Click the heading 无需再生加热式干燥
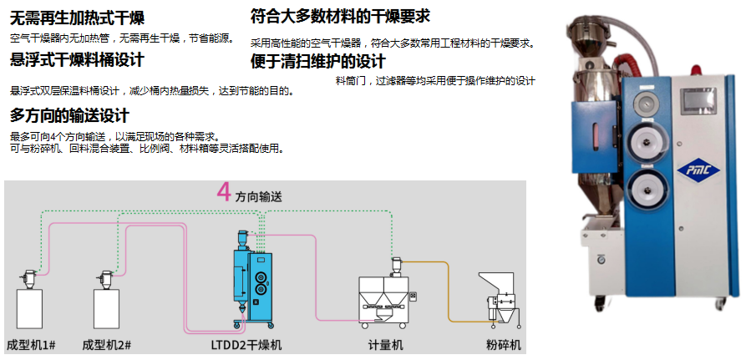click(76, 18)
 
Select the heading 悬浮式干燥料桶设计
click(77, 60)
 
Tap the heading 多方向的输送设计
click(69, 115)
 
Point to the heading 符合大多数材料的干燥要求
click(340, 16)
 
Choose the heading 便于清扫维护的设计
click(318, 62)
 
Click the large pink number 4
click(223, 194)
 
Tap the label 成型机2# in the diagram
click(106, 345)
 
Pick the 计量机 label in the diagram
click(386, 345)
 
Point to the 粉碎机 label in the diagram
click(504, 345)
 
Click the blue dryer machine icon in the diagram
click(251, 284)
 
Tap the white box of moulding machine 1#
click(31, 309)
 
